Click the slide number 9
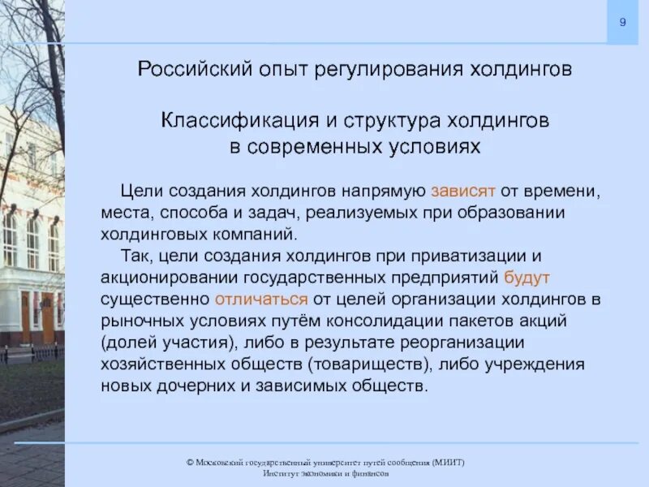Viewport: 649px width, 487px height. pyautogui.click(x=622, y=22)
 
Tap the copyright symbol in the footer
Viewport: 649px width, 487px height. pyautogui.click(x=189, y=462)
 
